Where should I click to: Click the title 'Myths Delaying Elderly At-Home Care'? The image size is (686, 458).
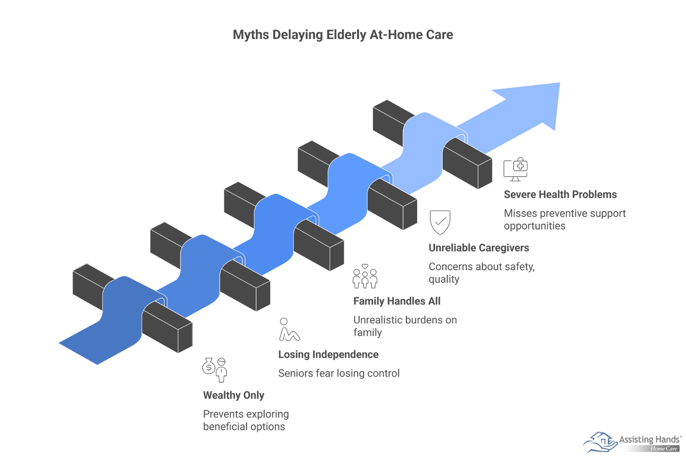343,35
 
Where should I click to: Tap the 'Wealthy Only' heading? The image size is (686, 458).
234,395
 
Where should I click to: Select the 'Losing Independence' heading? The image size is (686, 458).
328,355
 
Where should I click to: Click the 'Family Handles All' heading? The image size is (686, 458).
397,301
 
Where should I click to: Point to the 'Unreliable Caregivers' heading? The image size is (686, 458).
479,248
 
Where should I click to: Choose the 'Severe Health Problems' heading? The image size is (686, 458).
560,195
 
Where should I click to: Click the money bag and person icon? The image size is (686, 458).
215,369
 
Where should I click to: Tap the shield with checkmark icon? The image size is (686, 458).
440,222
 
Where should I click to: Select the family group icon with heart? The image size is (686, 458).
365,276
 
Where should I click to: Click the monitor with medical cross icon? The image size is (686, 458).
516,169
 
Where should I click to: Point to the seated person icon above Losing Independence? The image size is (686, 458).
289,330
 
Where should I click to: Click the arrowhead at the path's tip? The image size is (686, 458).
535,103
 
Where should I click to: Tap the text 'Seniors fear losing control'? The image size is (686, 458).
339,373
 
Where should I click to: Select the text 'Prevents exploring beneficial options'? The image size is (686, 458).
246,420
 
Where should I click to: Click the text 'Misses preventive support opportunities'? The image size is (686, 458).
565,220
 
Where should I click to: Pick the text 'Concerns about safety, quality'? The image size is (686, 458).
481,273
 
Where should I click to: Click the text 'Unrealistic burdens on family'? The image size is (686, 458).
405,326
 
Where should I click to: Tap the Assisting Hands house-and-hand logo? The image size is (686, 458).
600,441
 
